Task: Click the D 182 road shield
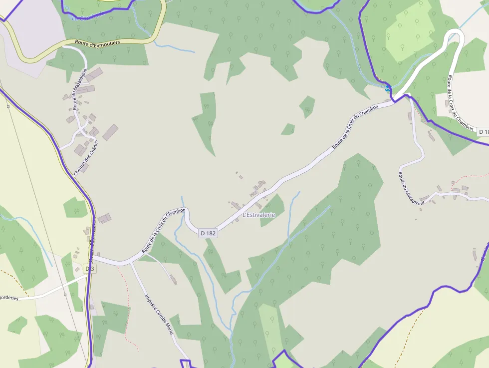point(208,233)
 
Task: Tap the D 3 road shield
point(89,269)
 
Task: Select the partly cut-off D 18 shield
point(483,132)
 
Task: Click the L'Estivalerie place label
point(258,215)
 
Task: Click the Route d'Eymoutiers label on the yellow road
point(98,43)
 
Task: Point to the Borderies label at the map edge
point(8,298)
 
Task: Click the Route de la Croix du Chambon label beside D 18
point(460,103)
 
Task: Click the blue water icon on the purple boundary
point(388,88)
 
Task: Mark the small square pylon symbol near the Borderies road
point(65,295)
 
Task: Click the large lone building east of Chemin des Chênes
point(110,132)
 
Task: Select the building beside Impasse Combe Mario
point(173,280)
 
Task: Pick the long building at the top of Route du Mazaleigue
point(93,74)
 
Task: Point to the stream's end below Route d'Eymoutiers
point(195,52)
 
